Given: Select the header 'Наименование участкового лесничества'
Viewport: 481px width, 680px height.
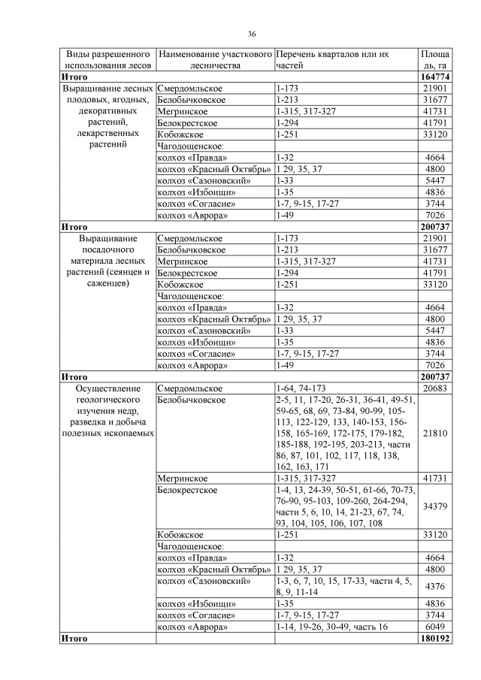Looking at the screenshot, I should click(x=214, y=60).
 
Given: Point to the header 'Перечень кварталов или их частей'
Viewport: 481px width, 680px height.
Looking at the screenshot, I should click(x=332, y=60).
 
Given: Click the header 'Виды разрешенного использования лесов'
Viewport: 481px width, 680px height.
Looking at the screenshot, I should click(x=107, y=60).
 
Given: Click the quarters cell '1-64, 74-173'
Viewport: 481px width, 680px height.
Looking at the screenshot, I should click(x=301, y=388).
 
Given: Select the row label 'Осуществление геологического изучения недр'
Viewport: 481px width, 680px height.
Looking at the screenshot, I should click(x=107, y=411).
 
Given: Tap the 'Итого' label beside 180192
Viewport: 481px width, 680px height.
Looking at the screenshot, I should click(x=74, y=638).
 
